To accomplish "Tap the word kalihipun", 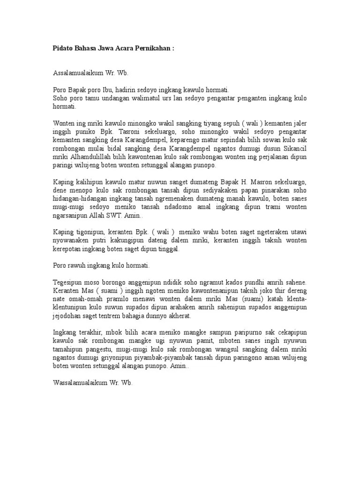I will (91, 181).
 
